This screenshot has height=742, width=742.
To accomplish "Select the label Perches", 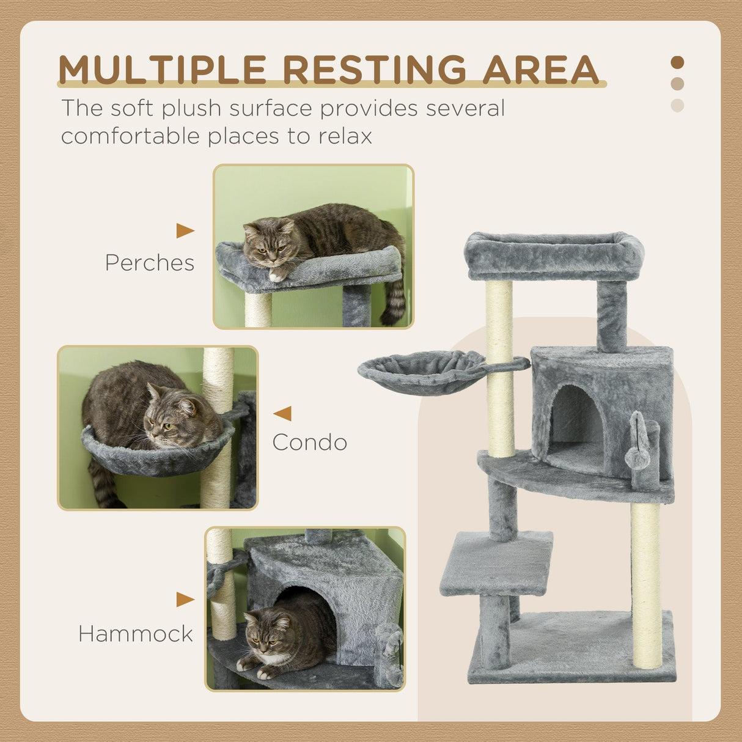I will [149, 263].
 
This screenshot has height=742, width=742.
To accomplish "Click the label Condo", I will [310, 442].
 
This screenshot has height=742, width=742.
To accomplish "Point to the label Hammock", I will [136, 634].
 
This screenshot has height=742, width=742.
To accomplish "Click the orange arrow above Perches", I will [185, 230].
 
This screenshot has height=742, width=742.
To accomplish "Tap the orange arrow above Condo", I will [283, 414].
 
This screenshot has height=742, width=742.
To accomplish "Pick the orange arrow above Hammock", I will [185, 600].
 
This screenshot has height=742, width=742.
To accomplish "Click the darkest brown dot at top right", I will [677, 62].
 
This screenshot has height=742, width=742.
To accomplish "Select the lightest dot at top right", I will [677, 105].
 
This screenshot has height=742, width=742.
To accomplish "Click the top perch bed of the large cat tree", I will [553, 255].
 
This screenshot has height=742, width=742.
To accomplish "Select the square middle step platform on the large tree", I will [496, 562].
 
